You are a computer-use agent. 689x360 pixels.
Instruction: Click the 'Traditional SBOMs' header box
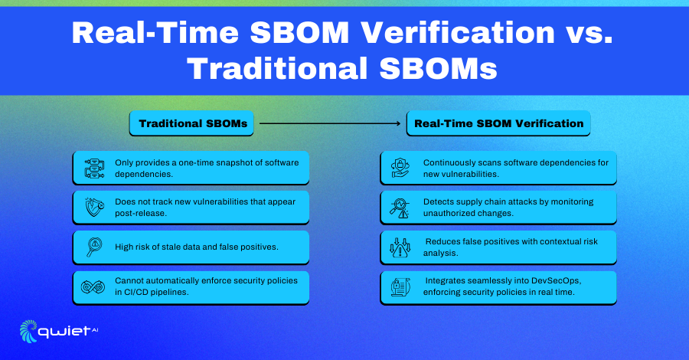point(191,123)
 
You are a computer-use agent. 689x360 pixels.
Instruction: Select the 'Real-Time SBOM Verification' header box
point(498,123)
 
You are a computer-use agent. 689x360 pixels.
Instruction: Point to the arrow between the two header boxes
point(330,123)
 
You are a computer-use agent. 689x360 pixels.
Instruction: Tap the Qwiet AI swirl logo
point(28,331)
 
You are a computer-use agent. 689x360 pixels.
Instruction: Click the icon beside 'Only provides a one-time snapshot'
point(94,169)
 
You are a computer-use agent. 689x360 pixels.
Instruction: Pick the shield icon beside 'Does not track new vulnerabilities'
point(94,207)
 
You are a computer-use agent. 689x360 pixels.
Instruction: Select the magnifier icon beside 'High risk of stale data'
point(94,247)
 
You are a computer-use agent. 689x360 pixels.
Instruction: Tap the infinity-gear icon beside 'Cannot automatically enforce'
point(93,287)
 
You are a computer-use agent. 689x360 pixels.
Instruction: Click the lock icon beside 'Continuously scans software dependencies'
point(400,168)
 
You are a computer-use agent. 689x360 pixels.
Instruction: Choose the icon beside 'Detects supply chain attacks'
point(400,208)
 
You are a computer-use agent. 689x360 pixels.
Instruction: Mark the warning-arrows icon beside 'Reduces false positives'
point(400,247)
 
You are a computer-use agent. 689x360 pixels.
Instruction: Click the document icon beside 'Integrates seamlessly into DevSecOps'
point(400,287)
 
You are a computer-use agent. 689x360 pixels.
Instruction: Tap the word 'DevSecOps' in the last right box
point(556,280)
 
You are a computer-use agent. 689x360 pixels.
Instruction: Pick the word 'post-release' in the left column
point(140,214)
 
